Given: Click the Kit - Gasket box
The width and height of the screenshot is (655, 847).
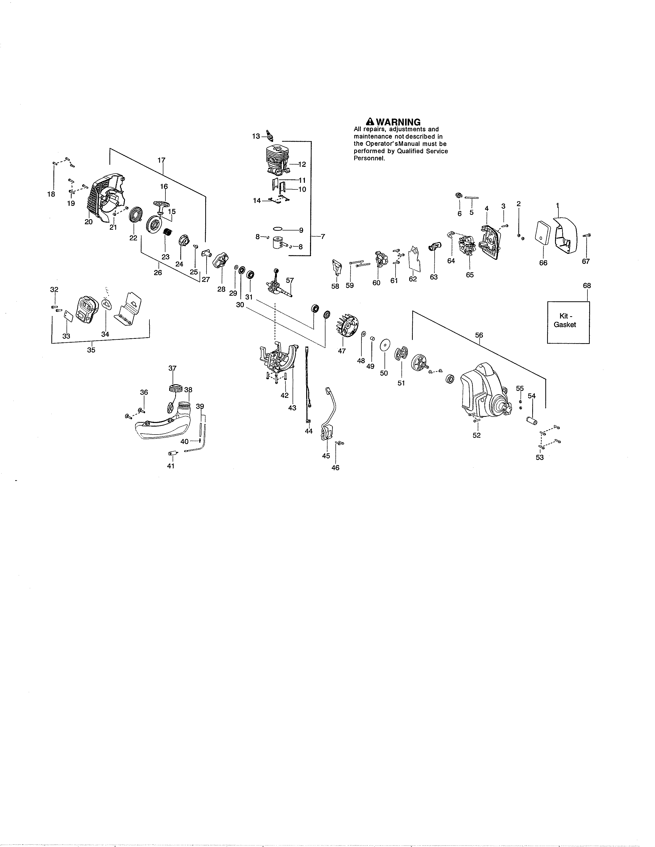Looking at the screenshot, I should tap(568, 322).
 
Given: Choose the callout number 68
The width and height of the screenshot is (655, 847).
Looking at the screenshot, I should tap(587, 285).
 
